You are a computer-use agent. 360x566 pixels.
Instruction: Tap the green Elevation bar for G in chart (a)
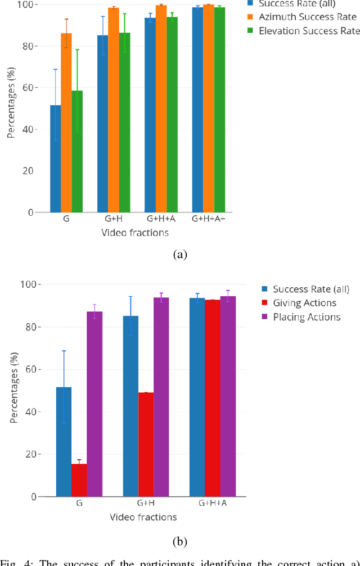(x=76, y=151)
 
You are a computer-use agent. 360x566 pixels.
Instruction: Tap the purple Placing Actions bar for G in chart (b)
(x=94, y=404)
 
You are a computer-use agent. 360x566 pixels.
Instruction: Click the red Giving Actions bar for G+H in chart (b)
(x=146, y=445)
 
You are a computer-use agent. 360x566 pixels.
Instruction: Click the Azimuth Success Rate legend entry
(x=307, y=17)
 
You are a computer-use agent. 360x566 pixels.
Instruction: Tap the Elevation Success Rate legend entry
(x=309, y=31)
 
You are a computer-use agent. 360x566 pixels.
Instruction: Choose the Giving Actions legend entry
(x=304, y=303)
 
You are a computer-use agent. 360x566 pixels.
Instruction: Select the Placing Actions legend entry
(x=307, y=317)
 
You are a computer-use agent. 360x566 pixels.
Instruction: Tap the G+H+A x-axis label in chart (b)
(x=213, y=504)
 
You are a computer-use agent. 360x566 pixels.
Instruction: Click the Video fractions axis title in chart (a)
(x=135, y=232)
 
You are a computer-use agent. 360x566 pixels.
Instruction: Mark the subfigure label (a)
(x=180, y=255)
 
